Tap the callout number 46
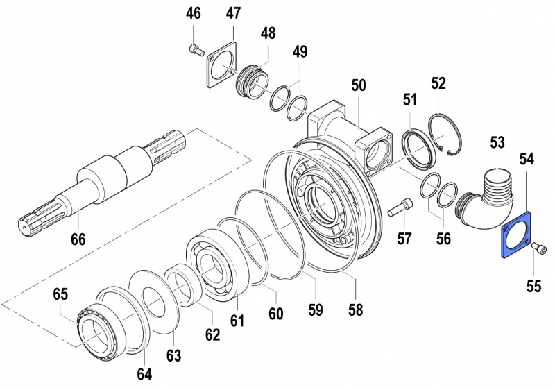(193, 13)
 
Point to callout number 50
(358, 85)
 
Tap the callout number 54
(527, 159)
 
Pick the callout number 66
(78, 241)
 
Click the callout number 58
(356, 310)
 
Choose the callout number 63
(173, 355)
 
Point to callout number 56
(443, 239)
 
